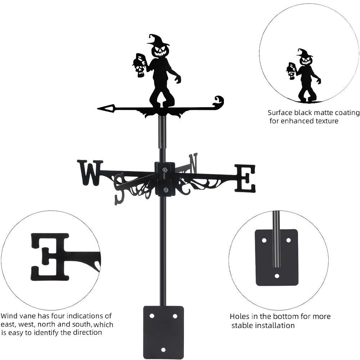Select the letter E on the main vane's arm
pos(245,178)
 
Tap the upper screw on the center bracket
pos(165,170)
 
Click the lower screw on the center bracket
pos(165,190)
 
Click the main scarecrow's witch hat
pos(159,40)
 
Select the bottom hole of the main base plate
pos(163,350)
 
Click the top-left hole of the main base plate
pos(152,316)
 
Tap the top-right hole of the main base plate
pos(175,316)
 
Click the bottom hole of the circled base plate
pos(277,276)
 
